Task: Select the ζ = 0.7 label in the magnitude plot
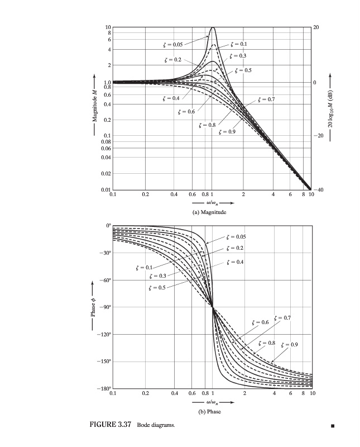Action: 267,99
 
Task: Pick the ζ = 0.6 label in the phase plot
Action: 261,322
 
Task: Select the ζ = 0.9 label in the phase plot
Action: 290,344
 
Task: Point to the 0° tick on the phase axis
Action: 108,225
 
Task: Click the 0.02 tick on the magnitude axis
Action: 106,174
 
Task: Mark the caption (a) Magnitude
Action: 212,212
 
